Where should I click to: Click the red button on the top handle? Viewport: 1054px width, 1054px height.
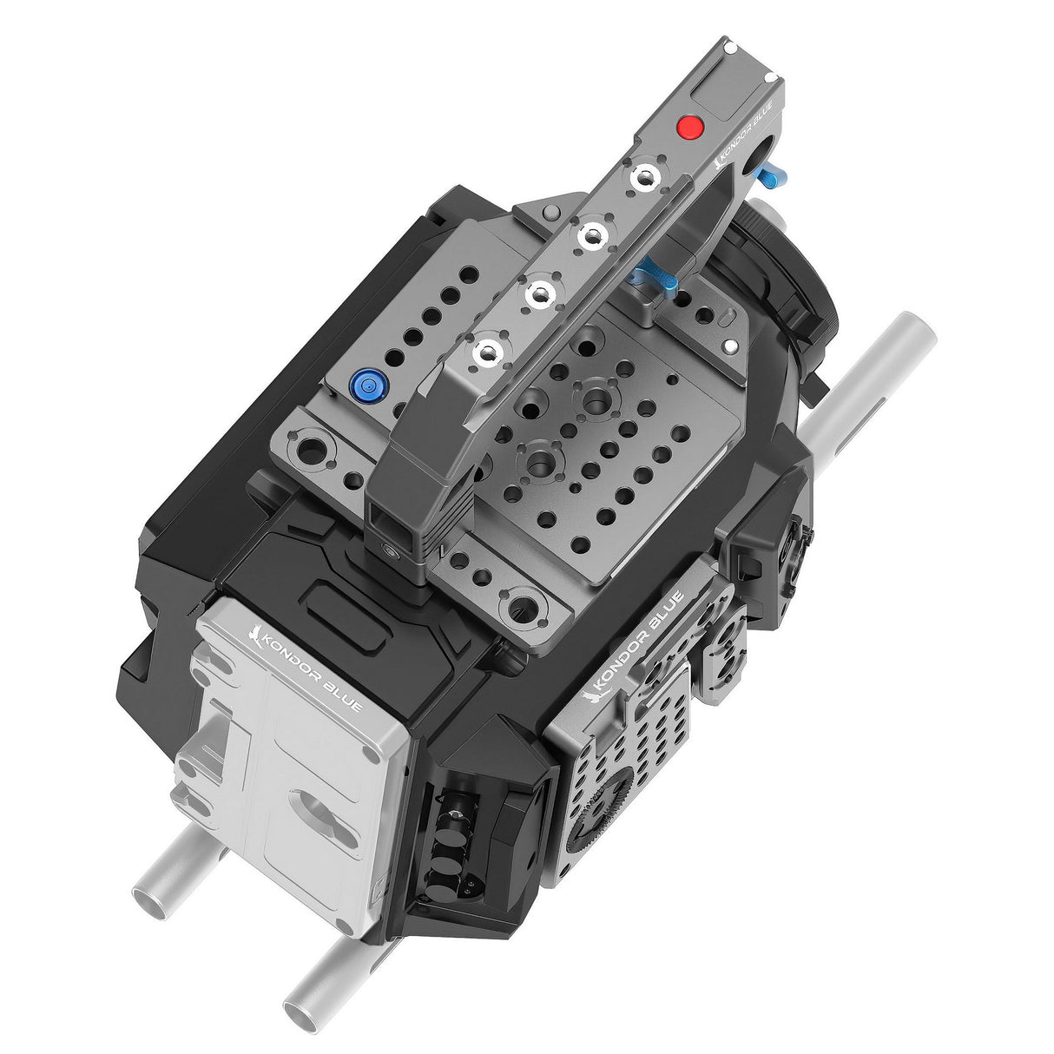(x=690, y=128)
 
